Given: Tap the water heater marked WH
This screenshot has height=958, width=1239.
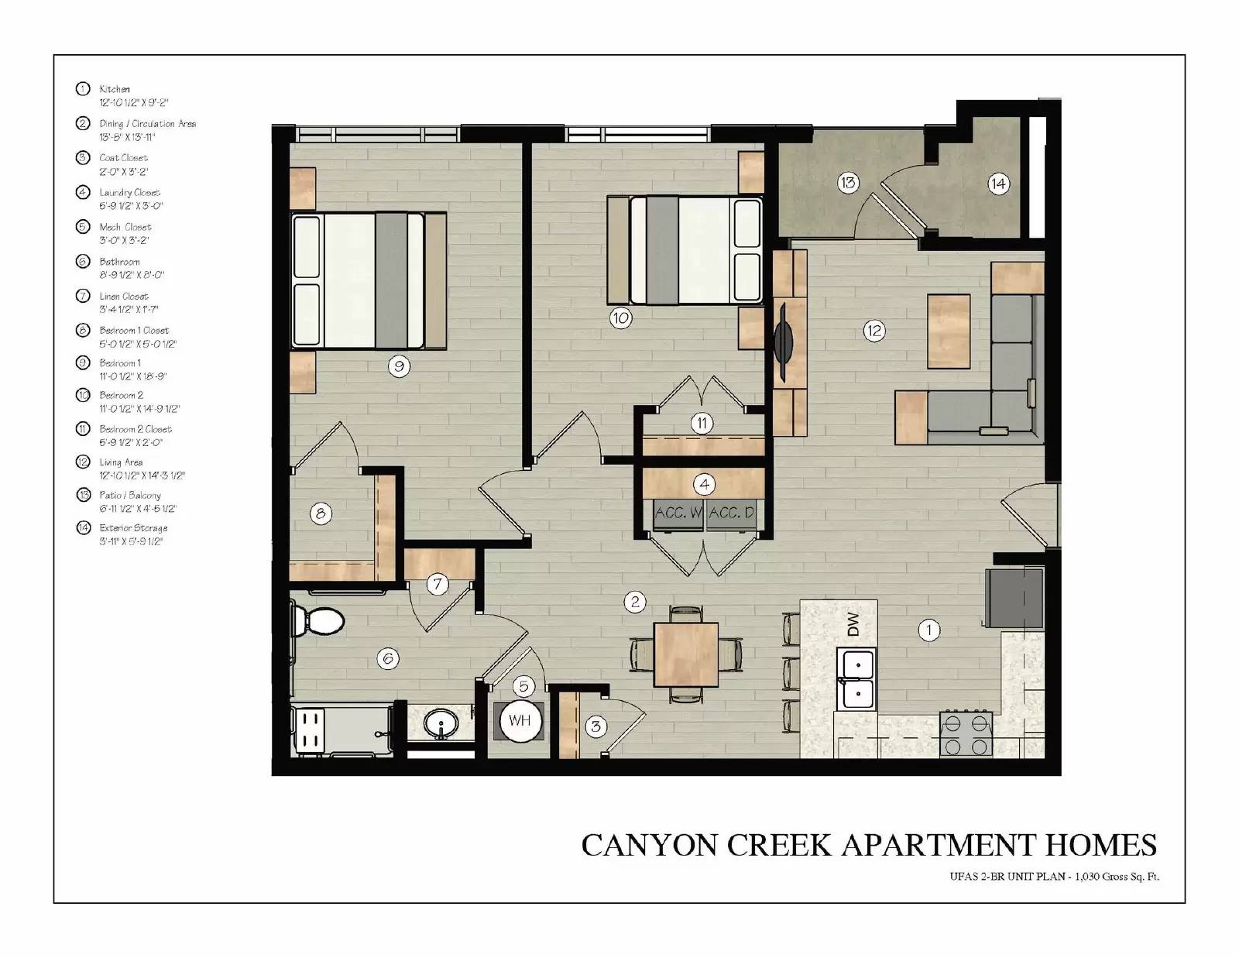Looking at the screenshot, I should coord(520,720).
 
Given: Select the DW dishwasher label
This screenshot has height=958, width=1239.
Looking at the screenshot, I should coord(853,623).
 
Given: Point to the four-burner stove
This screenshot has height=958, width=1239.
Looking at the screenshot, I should coord(966,733).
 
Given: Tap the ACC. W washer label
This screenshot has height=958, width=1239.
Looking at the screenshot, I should coord(678,513).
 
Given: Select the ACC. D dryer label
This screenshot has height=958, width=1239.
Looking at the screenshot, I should coord(731,513).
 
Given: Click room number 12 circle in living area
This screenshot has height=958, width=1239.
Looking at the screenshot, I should coord(873,331).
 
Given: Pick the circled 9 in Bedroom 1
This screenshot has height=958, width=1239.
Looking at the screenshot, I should coord(399,366).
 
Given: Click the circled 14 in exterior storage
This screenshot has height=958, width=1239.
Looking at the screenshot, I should coord(998,184).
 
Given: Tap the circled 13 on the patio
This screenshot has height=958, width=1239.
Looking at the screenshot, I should coord(848,183).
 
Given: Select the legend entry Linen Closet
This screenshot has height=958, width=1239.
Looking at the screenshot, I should coord(123,296).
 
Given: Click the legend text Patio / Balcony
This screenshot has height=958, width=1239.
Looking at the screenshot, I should coord(130,495).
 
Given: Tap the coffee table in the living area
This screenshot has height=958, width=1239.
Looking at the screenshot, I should coord(949,331).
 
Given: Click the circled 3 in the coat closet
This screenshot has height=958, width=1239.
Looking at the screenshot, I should coord(595,726).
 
